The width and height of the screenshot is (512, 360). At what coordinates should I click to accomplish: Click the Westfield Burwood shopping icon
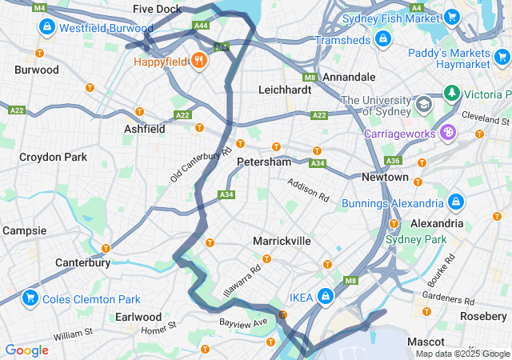[x=47, y=27]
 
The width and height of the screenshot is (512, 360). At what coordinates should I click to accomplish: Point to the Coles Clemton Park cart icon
[x=30, y=298]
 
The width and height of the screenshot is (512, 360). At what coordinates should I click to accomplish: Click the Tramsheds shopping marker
[x=383, y=38]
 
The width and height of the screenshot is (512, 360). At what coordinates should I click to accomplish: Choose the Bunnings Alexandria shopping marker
[x=456, y=202]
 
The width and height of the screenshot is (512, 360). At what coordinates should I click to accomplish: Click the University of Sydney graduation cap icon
[x=422, y=104]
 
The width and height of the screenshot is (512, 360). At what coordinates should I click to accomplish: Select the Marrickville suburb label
[x=282, y=241]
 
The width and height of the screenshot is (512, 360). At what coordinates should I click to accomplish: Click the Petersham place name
[x=264, y=162]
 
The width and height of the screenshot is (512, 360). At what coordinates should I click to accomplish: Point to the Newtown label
[x=385, y=177]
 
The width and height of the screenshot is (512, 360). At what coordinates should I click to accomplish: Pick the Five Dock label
[x=157, y=10]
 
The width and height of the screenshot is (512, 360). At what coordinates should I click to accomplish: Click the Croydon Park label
[x=53, y=158]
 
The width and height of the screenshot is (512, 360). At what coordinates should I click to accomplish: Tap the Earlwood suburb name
[x=138, y=317]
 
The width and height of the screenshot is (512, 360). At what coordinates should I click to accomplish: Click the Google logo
[x=26, y=350]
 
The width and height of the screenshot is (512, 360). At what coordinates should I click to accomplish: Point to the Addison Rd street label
[x=309, y=190]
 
